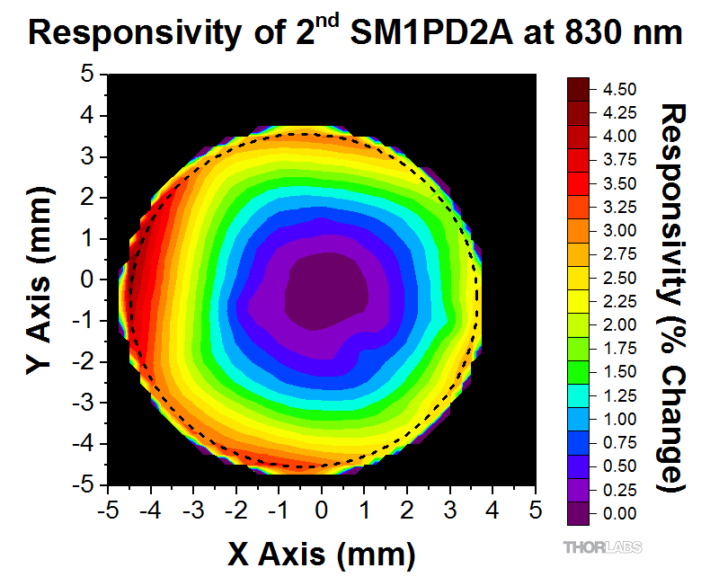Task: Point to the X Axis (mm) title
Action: pyautogui.click(x=321, y=552)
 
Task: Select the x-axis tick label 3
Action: pyautogui.click(x=449, y=510)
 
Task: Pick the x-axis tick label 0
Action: pyautogui.click(x=322, y=510)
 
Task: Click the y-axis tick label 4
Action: pyautogui.click(x=87, y=115)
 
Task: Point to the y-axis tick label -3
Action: pyautogui.click(x=83, y=403)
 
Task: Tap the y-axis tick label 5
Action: pyautogui.click(x=87, y=74)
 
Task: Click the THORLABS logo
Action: pyautogui.click(x=602, y=546)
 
